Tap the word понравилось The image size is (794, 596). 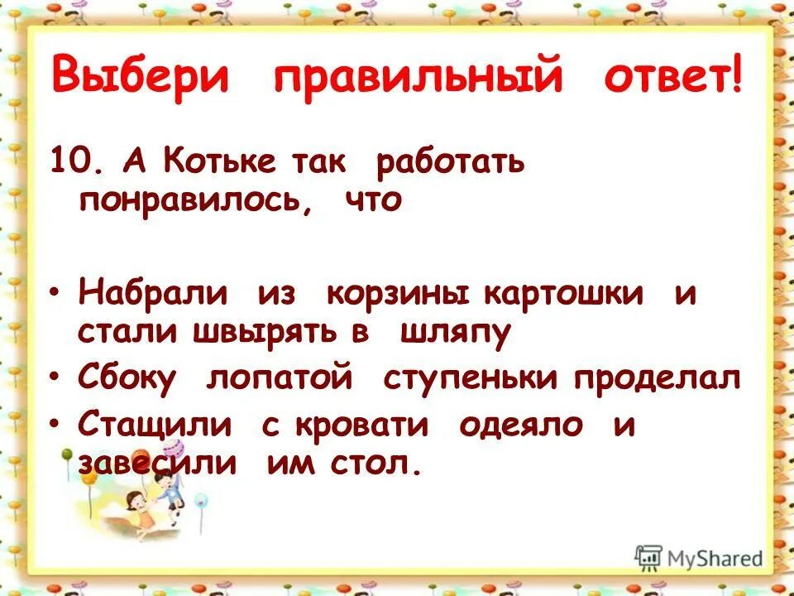[194, 201]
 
